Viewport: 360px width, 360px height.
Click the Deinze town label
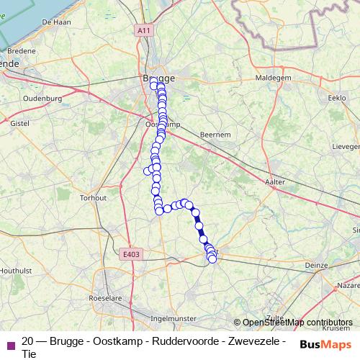[317, 265]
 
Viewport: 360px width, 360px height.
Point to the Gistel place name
[19, 124]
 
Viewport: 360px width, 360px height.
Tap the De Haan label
[56, 22]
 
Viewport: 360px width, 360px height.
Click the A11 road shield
[144, 30]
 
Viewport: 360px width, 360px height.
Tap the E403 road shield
[131, 253]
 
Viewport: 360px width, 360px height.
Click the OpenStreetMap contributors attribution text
[297, 323]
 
